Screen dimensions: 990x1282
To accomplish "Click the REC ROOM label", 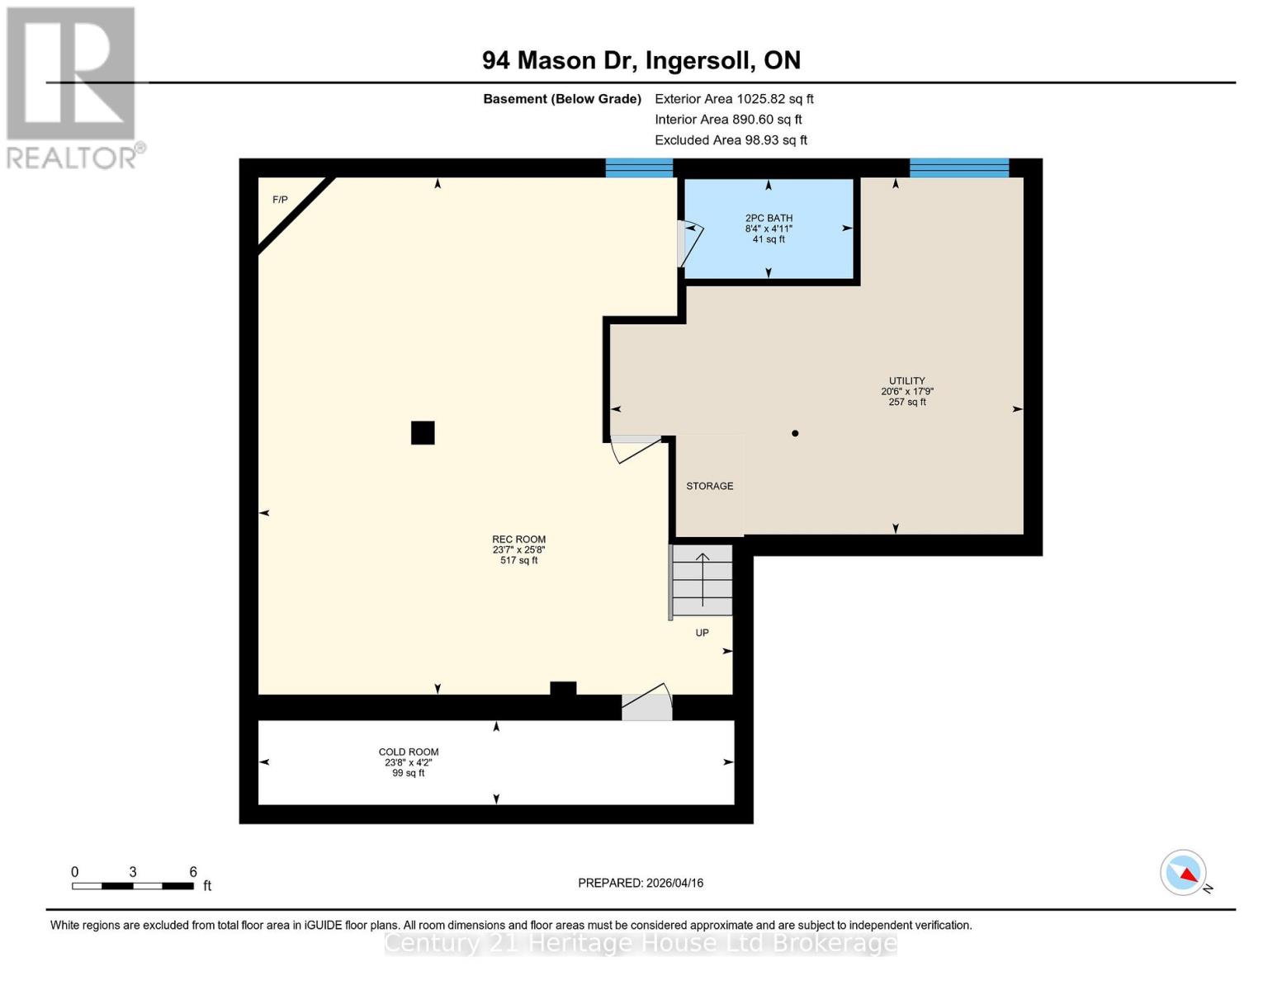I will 518,540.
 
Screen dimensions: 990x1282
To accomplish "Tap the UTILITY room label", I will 906,381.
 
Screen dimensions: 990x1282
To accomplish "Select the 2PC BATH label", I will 769,219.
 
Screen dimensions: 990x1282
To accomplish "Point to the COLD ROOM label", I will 409,752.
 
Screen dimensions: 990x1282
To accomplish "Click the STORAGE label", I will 709,486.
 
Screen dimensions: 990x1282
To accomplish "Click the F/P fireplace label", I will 280,200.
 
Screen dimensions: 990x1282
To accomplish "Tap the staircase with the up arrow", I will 702,580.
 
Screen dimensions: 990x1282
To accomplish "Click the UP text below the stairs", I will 702,633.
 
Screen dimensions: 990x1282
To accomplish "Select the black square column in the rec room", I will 423,433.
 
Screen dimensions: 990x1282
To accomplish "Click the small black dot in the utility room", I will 795,433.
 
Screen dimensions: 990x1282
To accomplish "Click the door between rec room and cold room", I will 647,702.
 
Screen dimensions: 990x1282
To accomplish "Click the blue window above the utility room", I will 958,168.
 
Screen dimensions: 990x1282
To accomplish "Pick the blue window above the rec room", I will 639,168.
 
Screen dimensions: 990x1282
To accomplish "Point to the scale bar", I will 133,886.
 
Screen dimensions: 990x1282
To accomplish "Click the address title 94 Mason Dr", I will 641,60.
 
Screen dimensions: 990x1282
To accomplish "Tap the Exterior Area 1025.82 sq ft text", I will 734,99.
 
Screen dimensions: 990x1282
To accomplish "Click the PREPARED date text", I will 641,883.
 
